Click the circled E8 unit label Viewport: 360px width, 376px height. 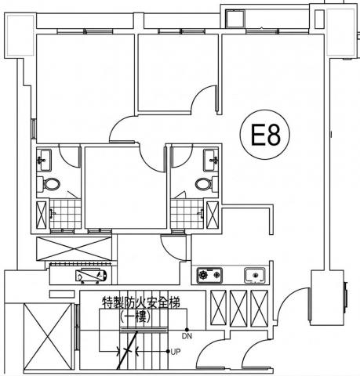coord(265,134)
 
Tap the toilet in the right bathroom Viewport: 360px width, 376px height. coord(206,184)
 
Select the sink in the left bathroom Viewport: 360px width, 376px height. coord(44,160)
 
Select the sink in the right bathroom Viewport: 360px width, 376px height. coord(211,160)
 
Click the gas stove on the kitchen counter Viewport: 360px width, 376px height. coord(209,275)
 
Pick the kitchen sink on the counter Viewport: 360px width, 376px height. coord(255,275)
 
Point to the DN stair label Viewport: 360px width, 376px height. coord(187,336)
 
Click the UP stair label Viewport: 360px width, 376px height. coord(176,352)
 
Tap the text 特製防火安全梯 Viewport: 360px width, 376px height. coord(141,303)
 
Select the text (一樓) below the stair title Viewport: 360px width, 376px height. coord(135,316)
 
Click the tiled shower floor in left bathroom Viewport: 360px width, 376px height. coord(65,214)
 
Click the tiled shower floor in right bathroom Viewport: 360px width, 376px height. coord(187,214)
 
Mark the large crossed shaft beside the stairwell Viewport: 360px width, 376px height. coord(48,337)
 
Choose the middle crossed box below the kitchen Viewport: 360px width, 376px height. coord(238,308)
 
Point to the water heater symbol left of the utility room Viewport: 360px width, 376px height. coord(91,276)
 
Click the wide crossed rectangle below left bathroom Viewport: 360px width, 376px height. coord(74,248)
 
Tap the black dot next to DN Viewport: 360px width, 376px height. coord(187,330)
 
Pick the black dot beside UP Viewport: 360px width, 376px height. coord(168,352)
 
